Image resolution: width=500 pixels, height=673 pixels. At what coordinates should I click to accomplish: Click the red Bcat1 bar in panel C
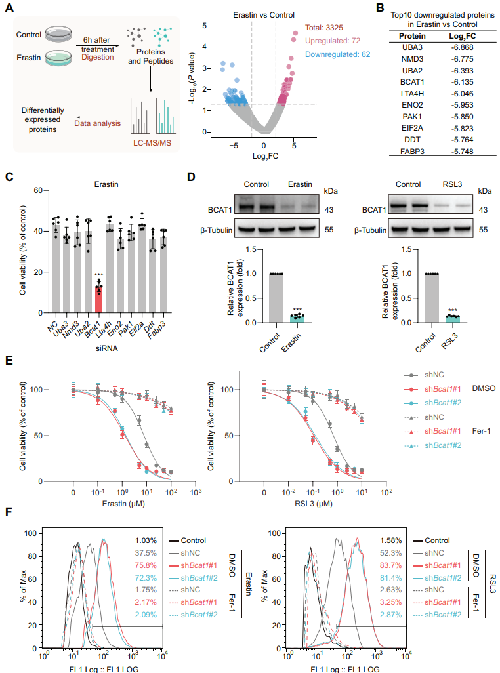[x=99, y=299]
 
